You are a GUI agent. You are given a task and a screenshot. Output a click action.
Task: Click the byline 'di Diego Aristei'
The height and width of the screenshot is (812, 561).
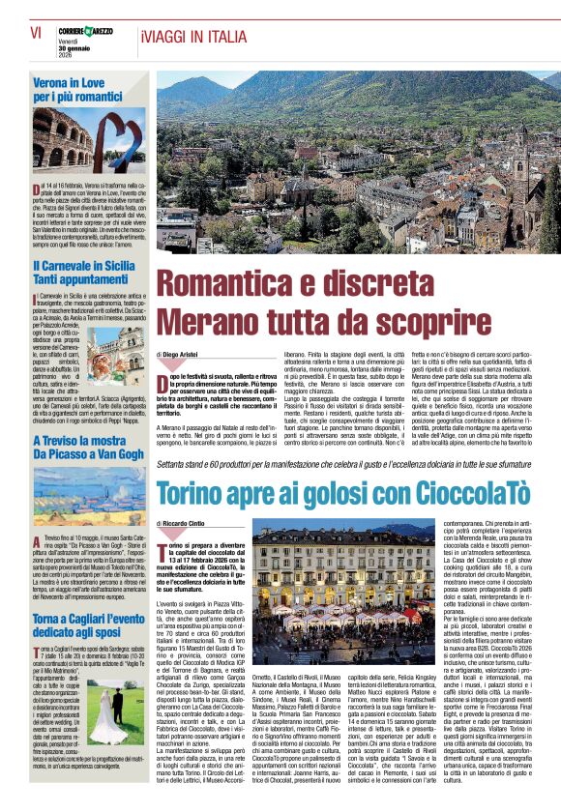coord(185,357)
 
